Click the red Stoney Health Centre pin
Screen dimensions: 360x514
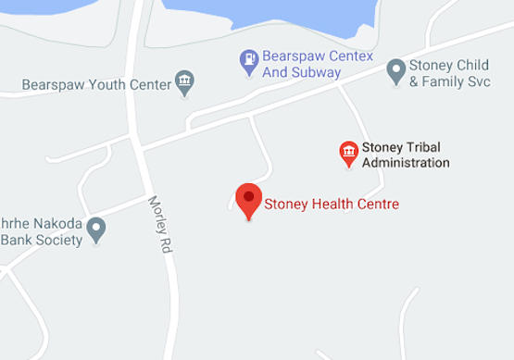coord(247,199)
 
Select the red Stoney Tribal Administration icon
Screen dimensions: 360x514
coord(348,152)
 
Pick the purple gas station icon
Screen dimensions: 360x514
coord(249,62)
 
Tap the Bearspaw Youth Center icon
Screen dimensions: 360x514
coord(184,84)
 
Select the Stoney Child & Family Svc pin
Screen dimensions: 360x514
coord(395,68)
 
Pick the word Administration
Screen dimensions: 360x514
coord(407,163)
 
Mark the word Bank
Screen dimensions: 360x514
coord(18,240)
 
